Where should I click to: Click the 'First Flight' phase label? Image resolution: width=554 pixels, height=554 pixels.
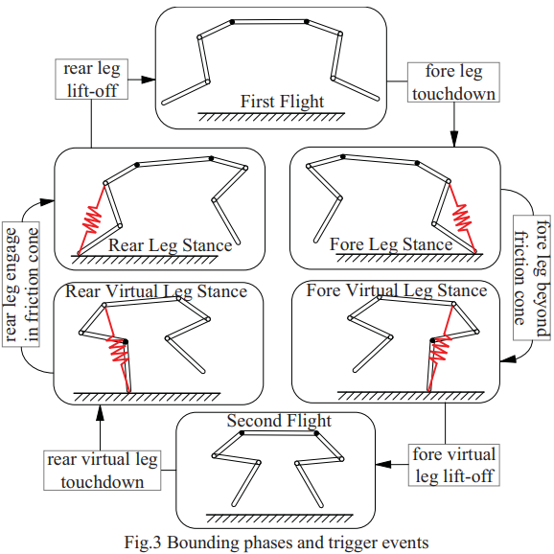click(282, 102)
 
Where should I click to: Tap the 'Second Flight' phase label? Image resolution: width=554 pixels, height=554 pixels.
click(279, 421)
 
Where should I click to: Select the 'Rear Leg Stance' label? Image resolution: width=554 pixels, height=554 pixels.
click(170, 245)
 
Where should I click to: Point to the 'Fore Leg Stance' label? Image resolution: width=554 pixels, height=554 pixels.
click(391, 244)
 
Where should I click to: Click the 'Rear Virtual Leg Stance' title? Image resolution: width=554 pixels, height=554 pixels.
click(156, 291)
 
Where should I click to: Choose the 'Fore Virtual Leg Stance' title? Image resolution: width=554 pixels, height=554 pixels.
click(397, 290)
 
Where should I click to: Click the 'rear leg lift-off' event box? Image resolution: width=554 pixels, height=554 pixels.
click(91, 80)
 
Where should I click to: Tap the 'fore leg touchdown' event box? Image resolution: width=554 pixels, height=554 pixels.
click(453, 82)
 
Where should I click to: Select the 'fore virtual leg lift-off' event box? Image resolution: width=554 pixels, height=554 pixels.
click(454, 465)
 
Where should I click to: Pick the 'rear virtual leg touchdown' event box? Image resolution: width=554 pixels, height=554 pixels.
click(103, 471)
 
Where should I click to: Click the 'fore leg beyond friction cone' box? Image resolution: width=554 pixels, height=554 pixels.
click(532, 278)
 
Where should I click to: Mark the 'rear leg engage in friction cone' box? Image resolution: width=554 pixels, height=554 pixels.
click(21, 285)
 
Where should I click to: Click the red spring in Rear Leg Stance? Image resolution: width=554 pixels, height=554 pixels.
click(92, 219)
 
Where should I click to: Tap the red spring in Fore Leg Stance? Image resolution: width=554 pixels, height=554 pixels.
click(462, 218)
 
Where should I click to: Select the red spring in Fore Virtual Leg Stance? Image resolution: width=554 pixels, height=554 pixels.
click(440, 348)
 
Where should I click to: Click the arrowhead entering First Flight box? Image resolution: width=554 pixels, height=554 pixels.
click(149, 80)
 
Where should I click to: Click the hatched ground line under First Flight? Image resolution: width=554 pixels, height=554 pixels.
click(271, 117)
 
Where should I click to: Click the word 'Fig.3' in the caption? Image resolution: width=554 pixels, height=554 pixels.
click(141, 542)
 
